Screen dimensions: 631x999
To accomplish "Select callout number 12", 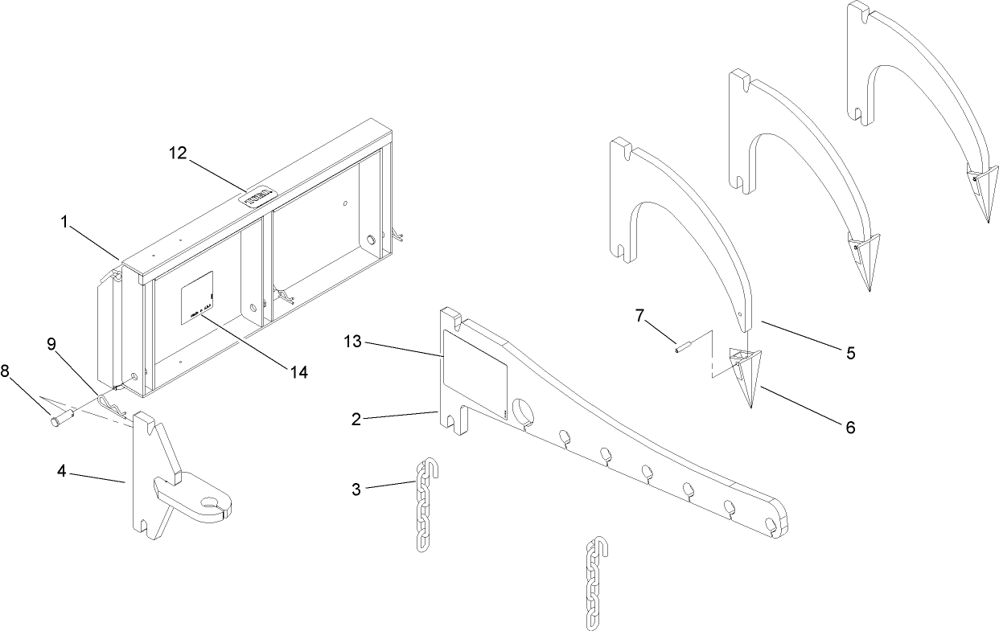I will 178,153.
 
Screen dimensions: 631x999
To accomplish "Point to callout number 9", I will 51,344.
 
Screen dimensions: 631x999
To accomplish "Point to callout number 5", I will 849,352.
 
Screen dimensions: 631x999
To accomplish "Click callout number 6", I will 849,427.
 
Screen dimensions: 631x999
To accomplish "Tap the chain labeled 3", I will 424,506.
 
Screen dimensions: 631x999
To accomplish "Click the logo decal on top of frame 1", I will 261,198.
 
